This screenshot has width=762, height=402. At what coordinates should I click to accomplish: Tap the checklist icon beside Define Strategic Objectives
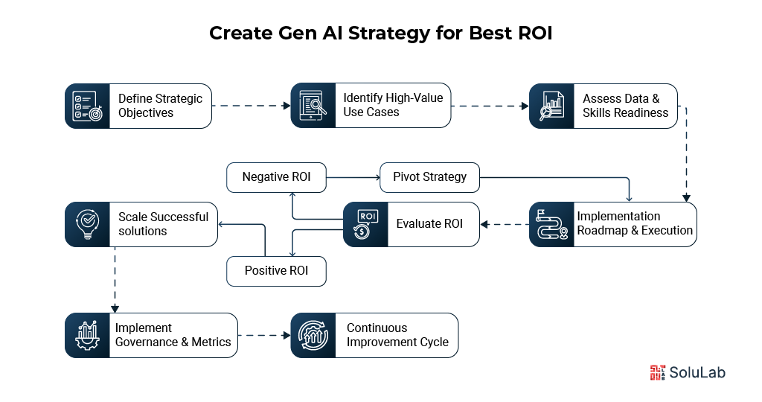click(87, 106)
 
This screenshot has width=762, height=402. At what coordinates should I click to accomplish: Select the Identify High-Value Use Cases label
click(392, 105)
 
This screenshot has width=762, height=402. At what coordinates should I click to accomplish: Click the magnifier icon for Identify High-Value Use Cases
click(313, 105)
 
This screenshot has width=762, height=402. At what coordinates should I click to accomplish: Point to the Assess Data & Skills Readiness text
click(625, 105)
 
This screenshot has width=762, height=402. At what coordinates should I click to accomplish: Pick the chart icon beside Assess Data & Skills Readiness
click(551, 105)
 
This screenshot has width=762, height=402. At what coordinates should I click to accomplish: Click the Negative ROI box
click(276, 177)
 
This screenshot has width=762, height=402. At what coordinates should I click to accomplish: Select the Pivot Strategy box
click(429, 177)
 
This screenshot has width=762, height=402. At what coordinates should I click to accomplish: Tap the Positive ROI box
click(277, 271)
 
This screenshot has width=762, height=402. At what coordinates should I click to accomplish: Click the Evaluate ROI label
click(429, 224)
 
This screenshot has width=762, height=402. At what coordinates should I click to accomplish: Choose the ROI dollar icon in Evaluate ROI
click(365, 224)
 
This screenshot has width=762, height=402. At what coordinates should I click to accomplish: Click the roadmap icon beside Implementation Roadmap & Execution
click(551, 224)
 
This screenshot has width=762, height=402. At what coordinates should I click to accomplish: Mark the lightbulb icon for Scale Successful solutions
click(87, 224)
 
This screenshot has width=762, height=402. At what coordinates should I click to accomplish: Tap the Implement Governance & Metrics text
click(173, 335)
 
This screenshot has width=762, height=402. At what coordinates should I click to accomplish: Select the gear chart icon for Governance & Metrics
click(87, 335)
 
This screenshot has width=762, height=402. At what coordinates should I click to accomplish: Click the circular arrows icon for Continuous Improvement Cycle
click(313, 335)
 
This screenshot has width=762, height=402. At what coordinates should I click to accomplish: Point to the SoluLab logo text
click(698, 372)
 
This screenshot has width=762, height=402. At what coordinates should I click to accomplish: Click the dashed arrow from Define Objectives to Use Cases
click(251, 106)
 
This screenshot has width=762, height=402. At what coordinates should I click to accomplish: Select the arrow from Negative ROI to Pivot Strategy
click(353, 177)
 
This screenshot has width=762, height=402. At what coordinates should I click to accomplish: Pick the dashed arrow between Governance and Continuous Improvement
click(263, 335)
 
